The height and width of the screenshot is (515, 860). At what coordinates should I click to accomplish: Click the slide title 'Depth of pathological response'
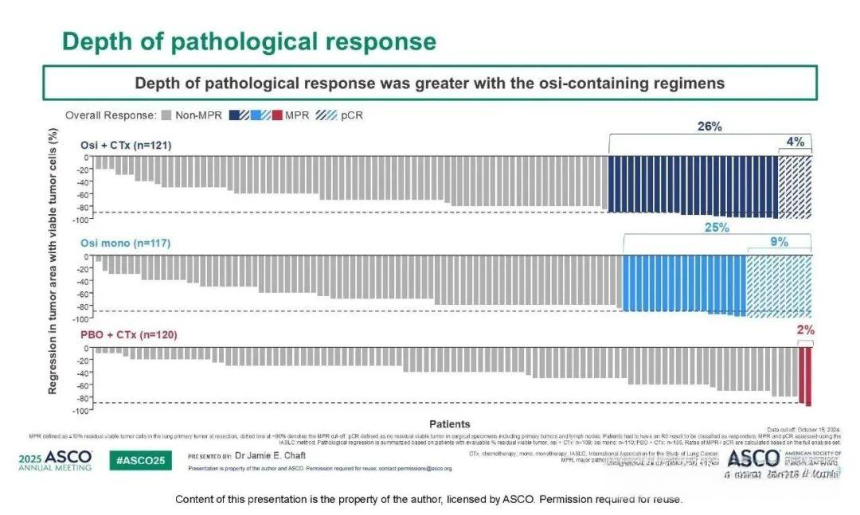[248, 41]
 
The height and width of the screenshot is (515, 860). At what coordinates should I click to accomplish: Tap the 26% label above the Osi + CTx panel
[709, 127]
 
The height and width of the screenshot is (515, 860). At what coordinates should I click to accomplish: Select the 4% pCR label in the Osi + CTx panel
[795, 142]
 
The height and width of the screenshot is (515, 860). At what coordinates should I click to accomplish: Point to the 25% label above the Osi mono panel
[716, 228]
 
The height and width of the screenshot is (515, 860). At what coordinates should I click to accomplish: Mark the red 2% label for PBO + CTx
[806, 330]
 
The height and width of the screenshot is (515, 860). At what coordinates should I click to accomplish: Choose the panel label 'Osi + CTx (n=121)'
[125, 145]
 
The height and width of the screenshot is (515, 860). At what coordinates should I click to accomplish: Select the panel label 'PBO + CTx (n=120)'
[128, 335]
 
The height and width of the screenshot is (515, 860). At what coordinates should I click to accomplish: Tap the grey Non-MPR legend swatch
[166, 115]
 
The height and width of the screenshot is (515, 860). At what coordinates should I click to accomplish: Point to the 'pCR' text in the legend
[351, 115]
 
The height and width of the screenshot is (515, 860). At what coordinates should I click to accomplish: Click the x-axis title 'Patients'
[449, 424]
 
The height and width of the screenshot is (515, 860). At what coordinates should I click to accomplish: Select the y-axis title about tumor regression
[53, 262]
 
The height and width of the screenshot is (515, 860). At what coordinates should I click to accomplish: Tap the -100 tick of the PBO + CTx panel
[81, 411]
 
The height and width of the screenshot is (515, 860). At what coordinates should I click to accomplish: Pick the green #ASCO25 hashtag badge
[140, 461]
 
